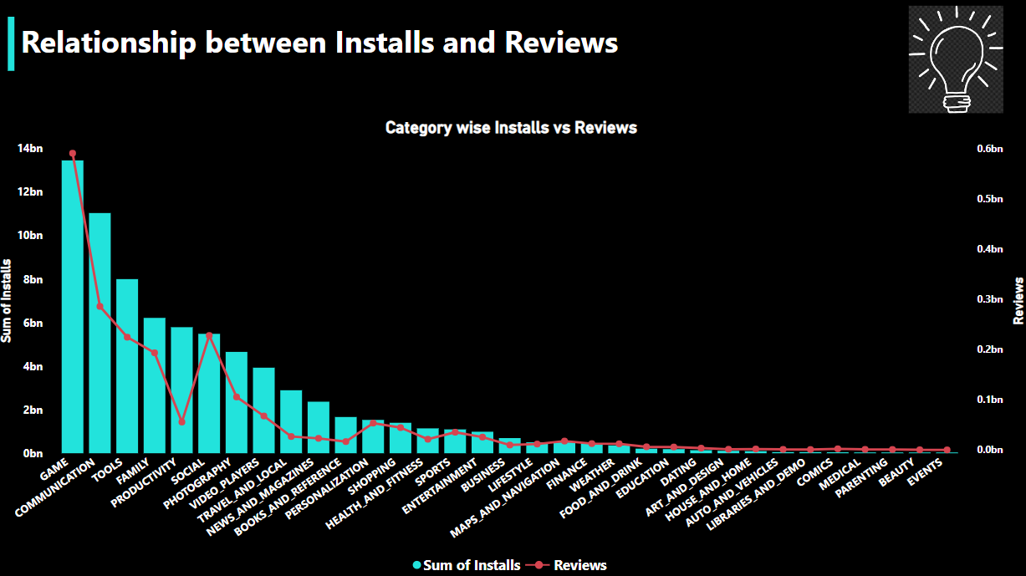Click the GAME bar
tap(73, 305)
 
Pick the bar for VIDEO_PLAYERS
tap(263, 410)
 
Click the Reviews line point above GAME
tap(73, 154)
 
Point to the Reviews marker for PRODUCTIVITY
tap(181, 422)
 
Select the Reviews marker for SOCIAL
tap(209, 335)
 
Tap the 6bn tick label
tap(32, 323)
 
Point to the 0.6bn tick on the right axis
tap(988, 149)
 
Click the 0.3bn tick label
tap(988, 299)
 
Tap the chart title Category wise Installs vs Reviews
tap(511, 128)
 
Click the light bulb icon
tap(955, 59)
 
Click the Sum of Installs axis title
tap(8, 301)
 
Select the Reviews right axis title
tap(1018, 301)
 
